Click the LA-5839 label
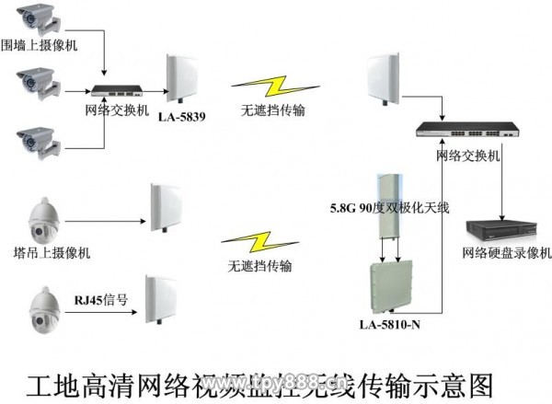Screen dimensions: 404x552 (181, 118)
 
